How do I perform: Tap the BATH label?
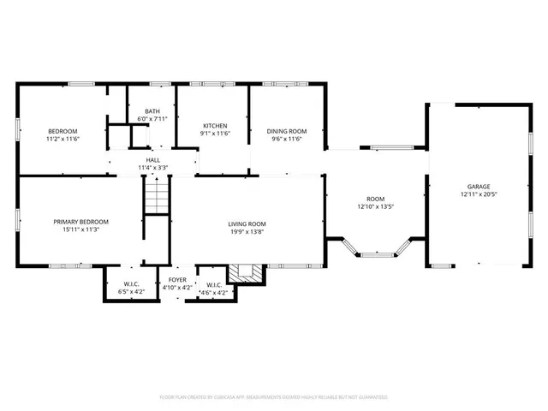(152, 111)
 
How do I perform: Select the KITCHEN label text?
(214, 125)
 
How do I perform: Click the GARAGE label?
(479, 186)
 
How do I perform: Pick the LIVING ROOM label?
(247, 224)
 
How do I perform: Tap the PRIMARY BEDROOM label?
(81, 222)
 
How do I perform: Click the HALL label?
(153, 160)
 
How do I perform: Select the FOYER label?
(177, 280)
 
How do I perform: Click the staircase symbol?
(157, 201)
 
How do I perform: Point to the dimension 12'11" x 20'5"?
(479, 194)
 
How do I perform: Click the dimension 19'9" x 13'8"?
(247, 232)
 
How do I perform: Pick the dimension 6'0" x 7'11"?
(152, 119)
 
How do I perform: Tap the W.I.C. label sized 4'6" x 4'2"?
(214, 285)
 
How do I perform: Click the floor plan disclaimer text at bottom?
(274, 397)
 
